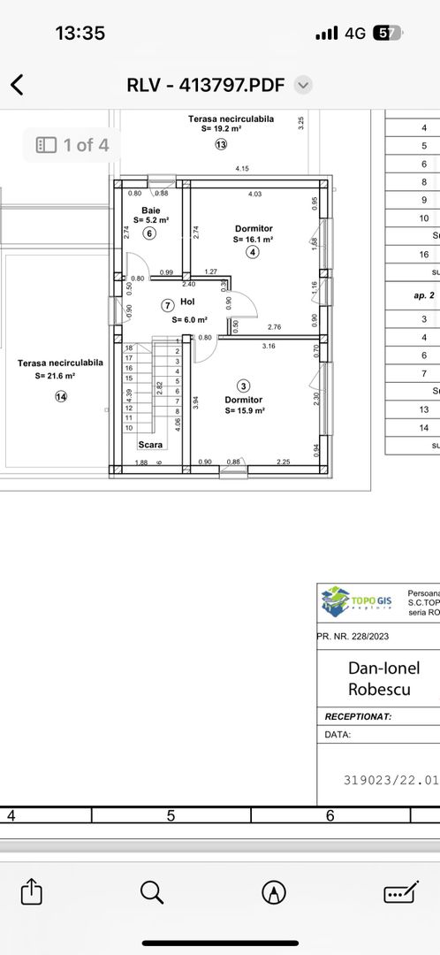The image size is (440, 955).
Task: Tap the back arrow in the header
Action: [x=17, y=85]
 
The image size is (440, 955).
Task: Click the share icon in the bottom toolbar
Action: [x=31, y=891]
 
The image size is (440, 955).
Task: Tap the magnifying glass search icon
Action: [x=152, y=891]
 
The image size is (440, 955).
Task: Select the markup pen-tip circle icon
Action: [x=274, y=891]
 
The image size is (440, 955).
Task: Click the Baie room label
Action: [x=150, y=210]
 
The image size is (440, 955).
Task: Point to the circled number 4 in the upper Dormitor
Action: [x=253, y=252]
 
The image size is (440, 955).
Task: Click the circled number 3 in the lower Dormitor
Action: [x=245, y=386]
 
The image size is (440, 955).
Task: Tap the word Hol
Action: [x=186, y=302]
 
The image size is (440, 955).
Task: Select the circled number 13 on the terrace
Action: [x=220, y=144]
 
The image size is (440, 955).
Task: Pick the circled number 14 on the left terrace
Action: [x=61, y=397]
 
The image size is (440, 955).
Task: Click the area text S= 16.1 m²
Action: [x=254, y=239]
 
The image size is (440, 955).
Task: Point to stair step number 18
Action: [x=129, y=348]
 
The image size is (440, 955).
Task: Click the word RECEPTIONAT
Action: [x=358, y=717]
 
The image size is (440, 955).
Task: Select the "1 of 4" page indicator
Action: [x=73, y=144]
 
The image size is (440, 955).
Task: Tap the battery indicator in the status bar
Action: [x=386, y=33]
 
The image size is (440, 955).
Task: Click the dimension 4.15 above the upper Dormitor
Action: [x=241, y=169]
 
